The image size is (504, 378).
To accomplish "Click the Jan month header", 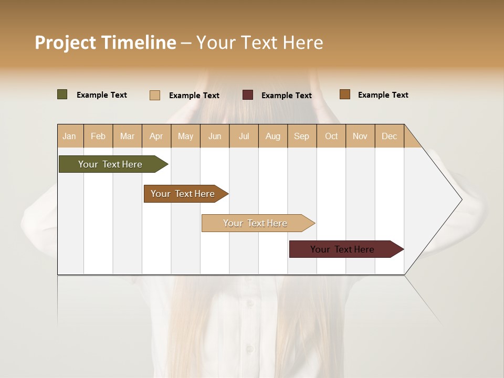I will coord(70,136).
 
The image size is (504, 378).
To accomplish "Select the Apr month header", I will coord(156,136).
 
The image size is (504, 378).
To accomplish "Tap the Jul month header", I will coord(244,136).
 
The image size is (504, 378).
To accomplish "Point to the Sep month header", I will coord(301,136).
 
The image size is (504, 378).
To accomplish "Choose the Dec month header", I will coord(389,136).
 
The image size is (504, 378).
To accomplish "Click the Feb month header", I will coord(98,136).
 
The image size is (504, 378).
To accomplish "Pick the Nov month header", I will coord(360,136).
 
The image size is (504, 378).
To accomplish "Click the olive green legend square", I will coord(62,94).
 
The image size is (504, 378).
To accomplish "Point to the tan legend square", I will coord(155,95).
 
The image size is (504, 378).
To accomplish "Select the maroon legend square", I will coord(248,95).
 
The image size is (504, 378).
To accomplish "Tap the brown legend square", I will coord(345,94).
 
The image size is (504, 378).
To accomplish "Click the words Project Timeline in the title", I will coord(106,43).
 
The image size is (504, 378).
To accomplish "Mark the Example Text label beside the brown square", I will coord(383,95).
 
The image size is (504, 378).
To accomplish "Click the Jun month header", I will coord(215,136).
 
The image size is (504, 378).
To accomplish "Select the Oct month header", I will coord(331,136).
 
